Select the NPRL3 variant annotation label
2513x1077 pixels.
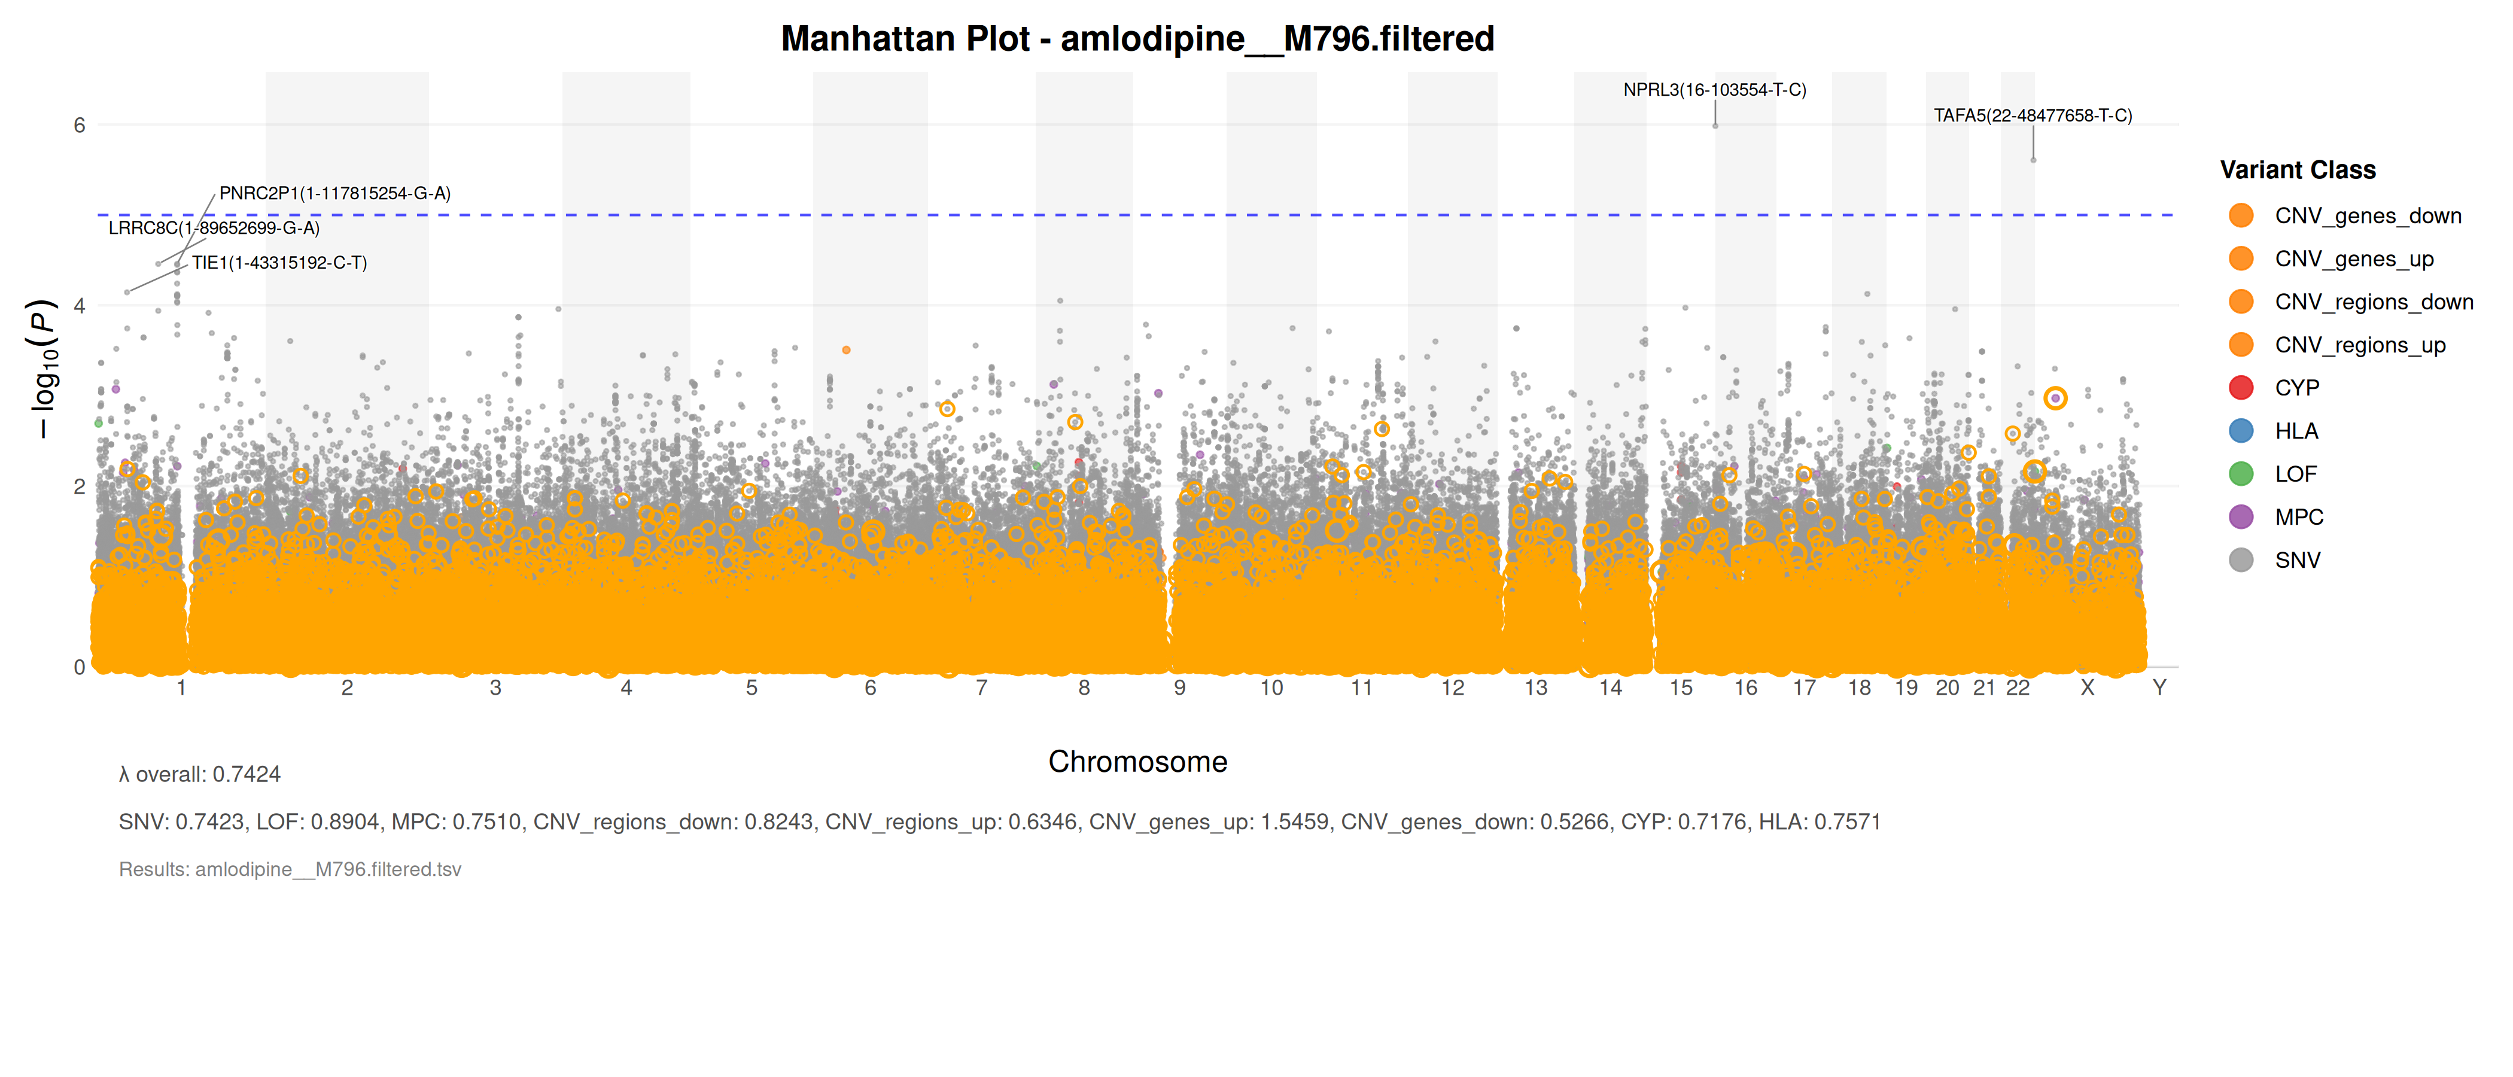(1714, 90)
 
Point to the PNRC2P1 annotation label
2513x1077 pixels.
(334, 193)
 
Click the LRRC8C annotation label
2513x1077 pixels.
(214, 229)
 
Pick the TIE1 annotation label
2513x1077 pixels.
(279, 263)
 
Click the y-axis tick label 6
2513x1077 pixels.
(79, 125)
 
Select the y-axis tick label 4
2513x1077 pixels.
(79, 305)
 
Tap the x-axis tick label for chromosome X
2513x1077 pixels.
(2087, 687)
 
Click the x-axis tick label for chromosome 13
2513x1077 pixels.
(1535, 687)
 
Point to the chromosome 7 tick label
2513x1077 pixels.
(981, 687)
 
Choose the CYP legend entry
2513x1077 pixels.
(2296, 388)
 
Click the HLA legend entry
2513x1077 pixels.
(2296, 431)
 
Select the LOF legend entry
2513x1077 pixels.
(2295, 474)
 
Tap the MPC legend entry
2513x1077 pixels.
(2298, 517)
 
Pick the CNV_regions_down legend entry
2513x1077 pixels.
(2372, 302)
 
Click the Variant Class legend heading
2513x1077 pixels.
(2298, 170)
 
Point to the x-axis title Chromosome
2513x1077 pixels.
(1137, 762)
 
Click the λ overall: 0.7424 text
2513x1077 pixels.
(200, 775)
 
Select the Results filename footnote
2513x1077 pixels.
(290, 869)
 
